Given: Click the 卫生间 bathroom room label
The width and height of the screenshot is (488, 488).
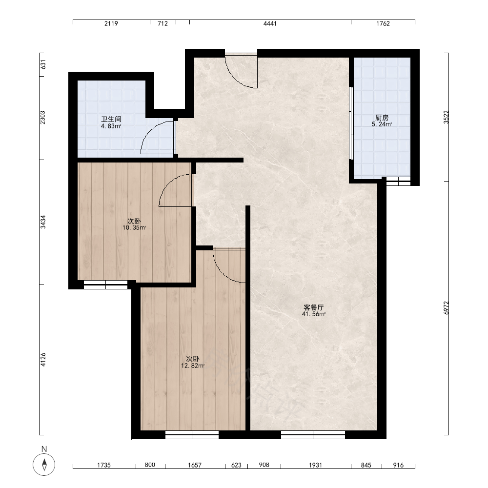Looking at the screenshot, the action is (111, 119).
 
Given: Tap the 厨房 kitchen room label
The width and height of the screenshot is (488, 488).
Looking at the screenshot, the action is (382, 118).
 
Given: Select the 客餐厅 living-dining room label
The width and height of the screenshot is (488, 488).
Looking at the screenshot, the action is (313, 307).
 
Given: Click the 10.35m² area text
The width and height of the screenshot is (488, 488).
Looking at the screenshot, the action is (134, 228).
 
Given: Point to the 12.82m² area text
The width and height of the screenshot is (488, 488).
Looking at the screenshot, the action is (193, 366).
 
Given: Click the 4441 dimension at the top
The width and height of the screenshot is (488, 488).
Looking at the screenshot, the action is (270, 23).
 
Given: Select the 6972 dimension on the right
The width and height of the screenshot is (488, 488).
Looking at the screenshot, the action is (447, 308).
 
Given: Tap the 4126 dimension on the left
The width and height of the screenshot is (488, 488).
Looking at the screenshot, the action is (43, 360).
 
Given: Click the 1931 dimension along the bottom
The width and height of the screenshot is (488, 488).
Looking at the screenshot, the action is (315, 465).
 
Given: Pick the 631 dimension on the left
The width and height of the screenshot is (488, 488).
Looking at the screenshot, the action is (43, 64).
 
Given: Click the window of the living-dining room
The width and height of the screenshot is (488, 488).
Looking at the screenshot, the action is (313, 435).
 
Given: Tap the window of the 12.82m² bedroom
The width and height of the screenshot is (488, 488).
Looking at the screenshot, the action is (192, 435).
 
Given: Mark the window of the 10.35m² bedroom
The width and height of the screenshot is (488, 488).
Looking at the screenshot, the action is (105, 285).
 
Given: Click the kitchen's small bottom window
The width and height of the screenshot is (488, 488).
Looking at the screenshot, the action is (398, 182).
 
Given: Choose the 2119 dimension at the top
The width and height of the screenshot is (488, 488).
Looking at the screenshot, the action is (111, 23).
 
